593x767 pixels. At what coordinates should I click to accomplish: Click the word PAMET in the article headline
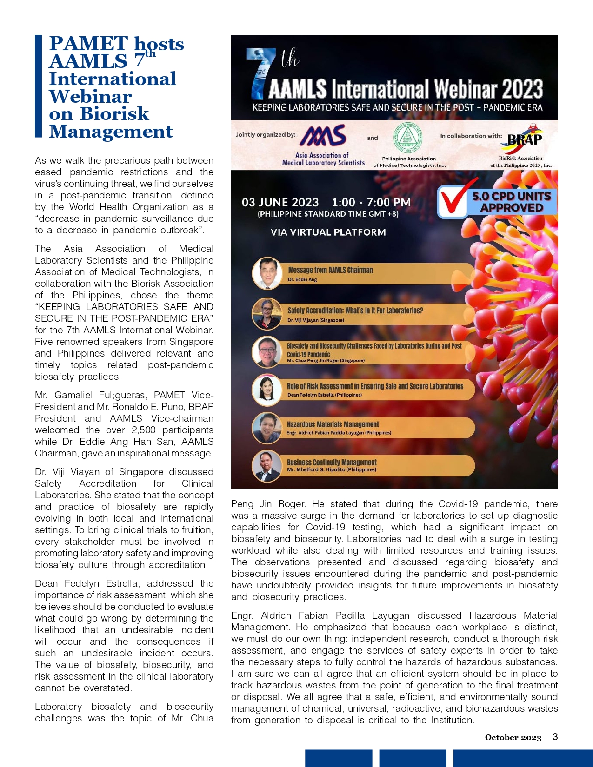88,44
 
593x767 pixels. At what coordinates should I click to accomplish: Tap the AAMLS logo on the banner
323,135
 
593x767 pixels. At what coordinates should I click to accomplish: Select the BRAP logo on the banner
524,139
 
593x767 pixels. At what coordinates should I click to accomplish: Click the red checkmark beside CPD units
453,198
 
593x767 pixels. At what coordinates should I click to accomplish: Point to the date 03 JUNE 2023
280,202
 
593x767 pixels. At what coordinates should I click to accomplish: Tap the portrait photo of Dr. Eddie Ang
267,273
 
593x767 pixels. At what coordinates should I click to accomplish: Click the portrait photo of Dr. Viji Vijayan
267,314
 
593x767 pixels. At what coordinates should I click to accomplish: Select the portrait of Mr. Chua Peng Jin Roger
267,352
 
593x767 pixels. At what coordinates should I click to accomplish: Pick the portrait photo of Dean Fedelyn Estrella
267,390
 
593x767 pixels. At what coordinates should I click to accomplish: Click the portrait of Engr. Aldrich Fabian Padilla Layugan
267,428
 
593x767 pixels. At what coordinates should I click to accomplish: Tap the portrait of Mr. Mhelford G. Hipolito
267,466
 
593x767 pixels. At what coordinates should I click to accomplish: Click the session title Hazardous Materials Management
333,424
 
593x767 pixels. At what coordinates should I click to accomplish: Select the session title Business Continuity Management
332,462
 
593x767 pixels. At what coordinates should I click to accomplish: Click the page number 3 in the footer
555,737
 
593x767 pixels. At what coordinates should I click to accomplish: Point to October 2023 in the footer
513,737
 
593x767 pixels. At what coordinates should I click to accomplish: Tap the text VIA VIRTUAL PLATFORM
328,232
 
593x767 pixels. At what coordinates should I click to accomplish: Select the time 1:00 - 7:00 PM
371,202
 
